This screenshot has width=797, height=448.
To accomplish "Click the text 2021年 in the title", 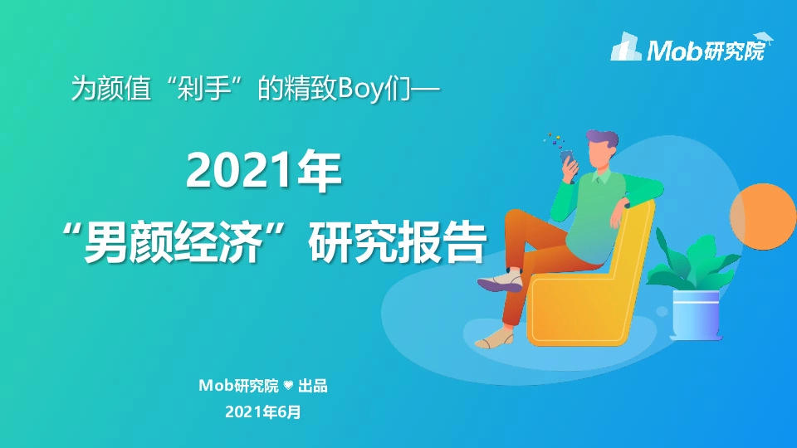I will tap(263, 171).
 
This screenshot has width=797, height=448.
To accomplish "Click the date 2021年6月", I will tap(262, 411).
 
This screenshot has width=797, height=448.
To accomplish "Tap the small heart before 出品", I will tap(289, 386).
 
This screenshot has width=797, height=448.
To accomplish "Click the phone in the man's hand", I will tap(567, 158).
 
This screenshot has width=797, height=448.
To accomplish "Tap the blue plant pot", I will tap(695, 314).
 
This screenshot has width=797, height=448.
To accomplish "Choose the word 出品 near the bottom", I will tap(314, 386).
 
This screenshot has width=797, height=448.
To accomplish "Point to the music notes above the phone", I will tap(551, 139).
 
